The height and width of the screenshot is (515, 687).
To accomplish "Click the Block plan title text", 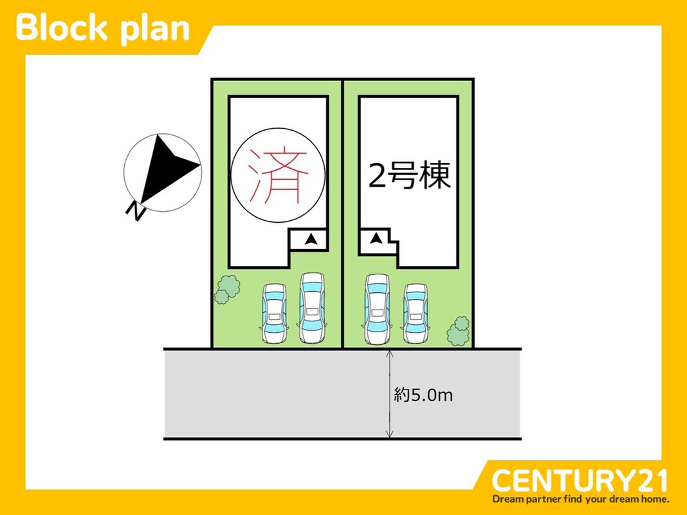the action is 102,28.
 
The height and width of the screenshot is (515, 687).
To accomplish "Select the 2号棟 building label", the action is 409,176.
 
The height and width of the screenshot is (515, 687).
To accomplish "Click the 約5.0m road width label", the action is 423,395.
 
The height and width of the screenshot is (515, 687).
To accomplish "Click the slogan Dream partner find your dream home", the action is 580,499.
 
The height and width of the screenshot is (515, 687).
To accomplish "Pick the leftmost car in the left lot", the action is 274,313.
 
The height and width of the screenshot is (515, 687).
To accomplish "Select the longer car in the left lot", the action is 312,308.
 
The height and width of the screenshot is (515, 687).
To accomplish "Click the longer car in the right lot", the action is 377,309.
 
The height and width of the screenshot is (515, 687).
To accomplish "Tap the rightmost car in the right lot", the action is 416,313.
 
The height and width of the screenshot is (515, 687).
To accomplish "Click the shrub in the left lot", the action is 227,289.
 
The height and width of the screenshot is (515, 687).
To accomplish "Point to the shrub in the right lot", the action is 458,331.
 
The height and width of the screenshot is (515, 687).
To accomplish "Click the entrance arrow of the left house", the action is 311,239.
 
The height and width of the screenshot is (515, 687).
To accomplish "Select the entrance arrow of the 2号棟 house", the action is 376,238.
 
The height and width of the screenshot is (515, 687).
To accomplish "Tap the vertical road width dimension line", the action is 390,393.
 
